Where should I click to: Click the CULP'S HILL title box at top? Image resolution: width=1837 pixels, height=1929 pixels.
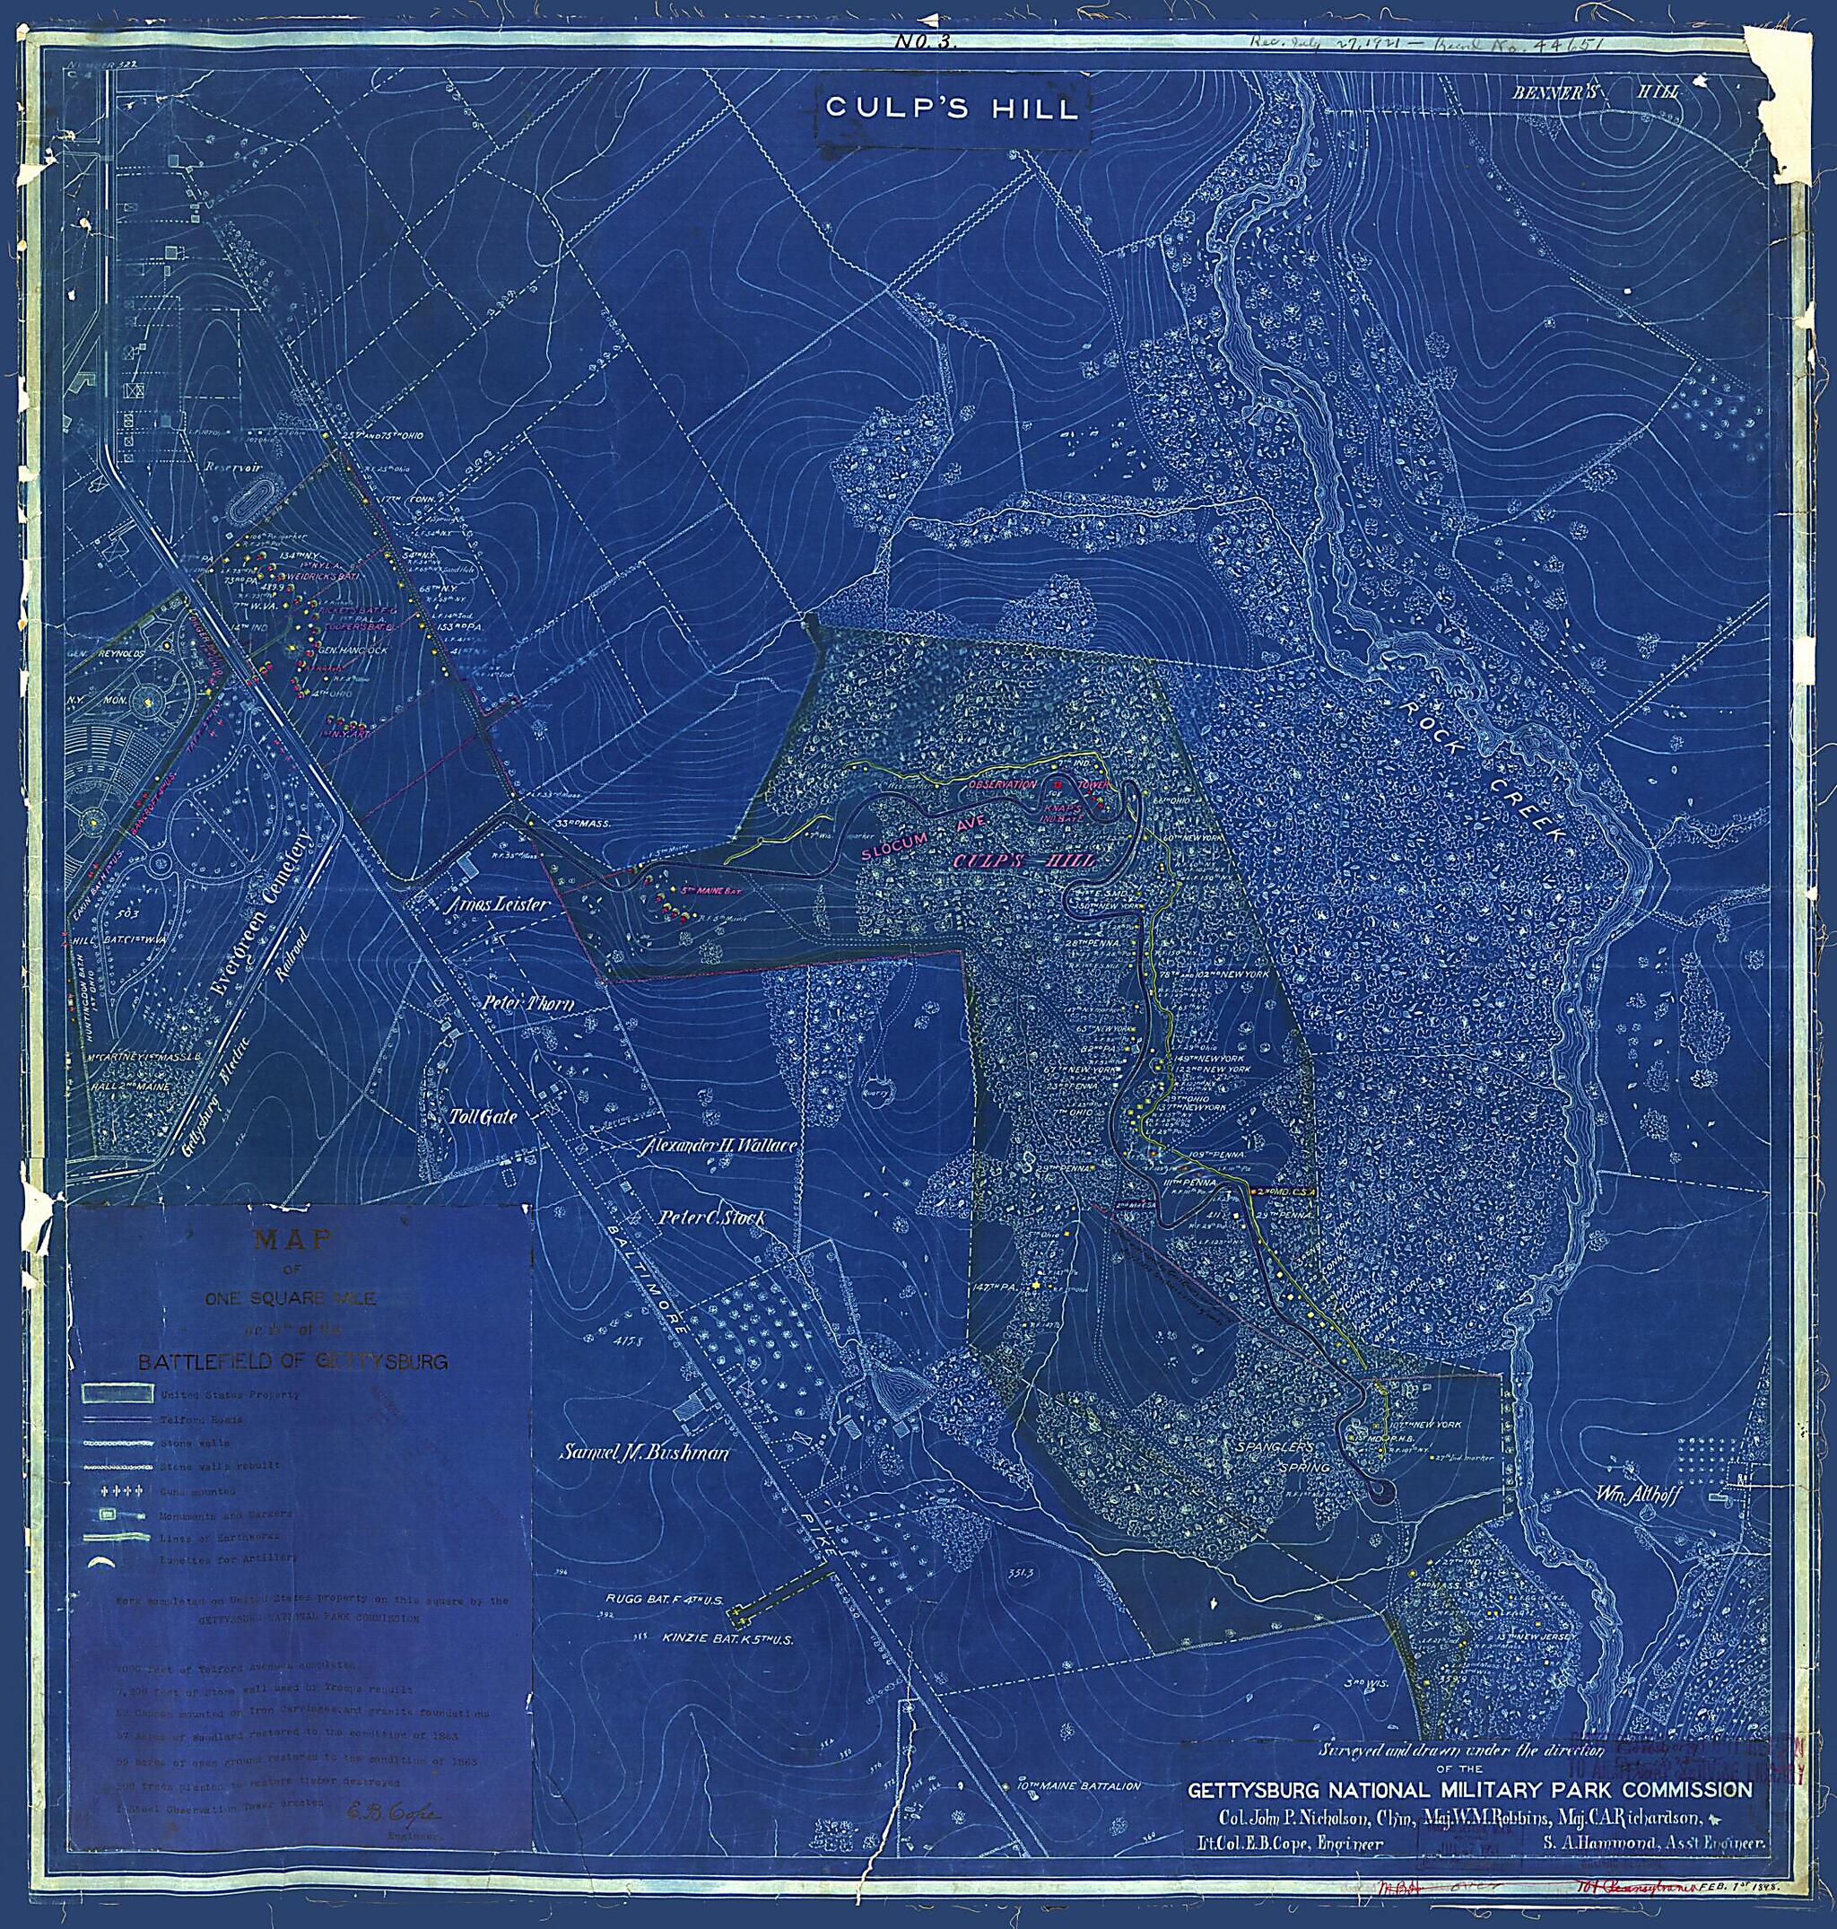(952, 108)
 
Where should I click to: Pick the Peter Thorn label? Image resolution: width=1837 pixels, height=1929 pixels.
(527, 1004)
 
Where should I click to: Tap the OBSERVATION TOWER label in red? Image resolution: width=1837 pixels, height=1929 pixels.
(1038, 786)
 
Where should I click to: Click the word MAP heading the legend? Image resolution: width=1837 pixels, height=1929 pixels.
(292, 1240)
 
